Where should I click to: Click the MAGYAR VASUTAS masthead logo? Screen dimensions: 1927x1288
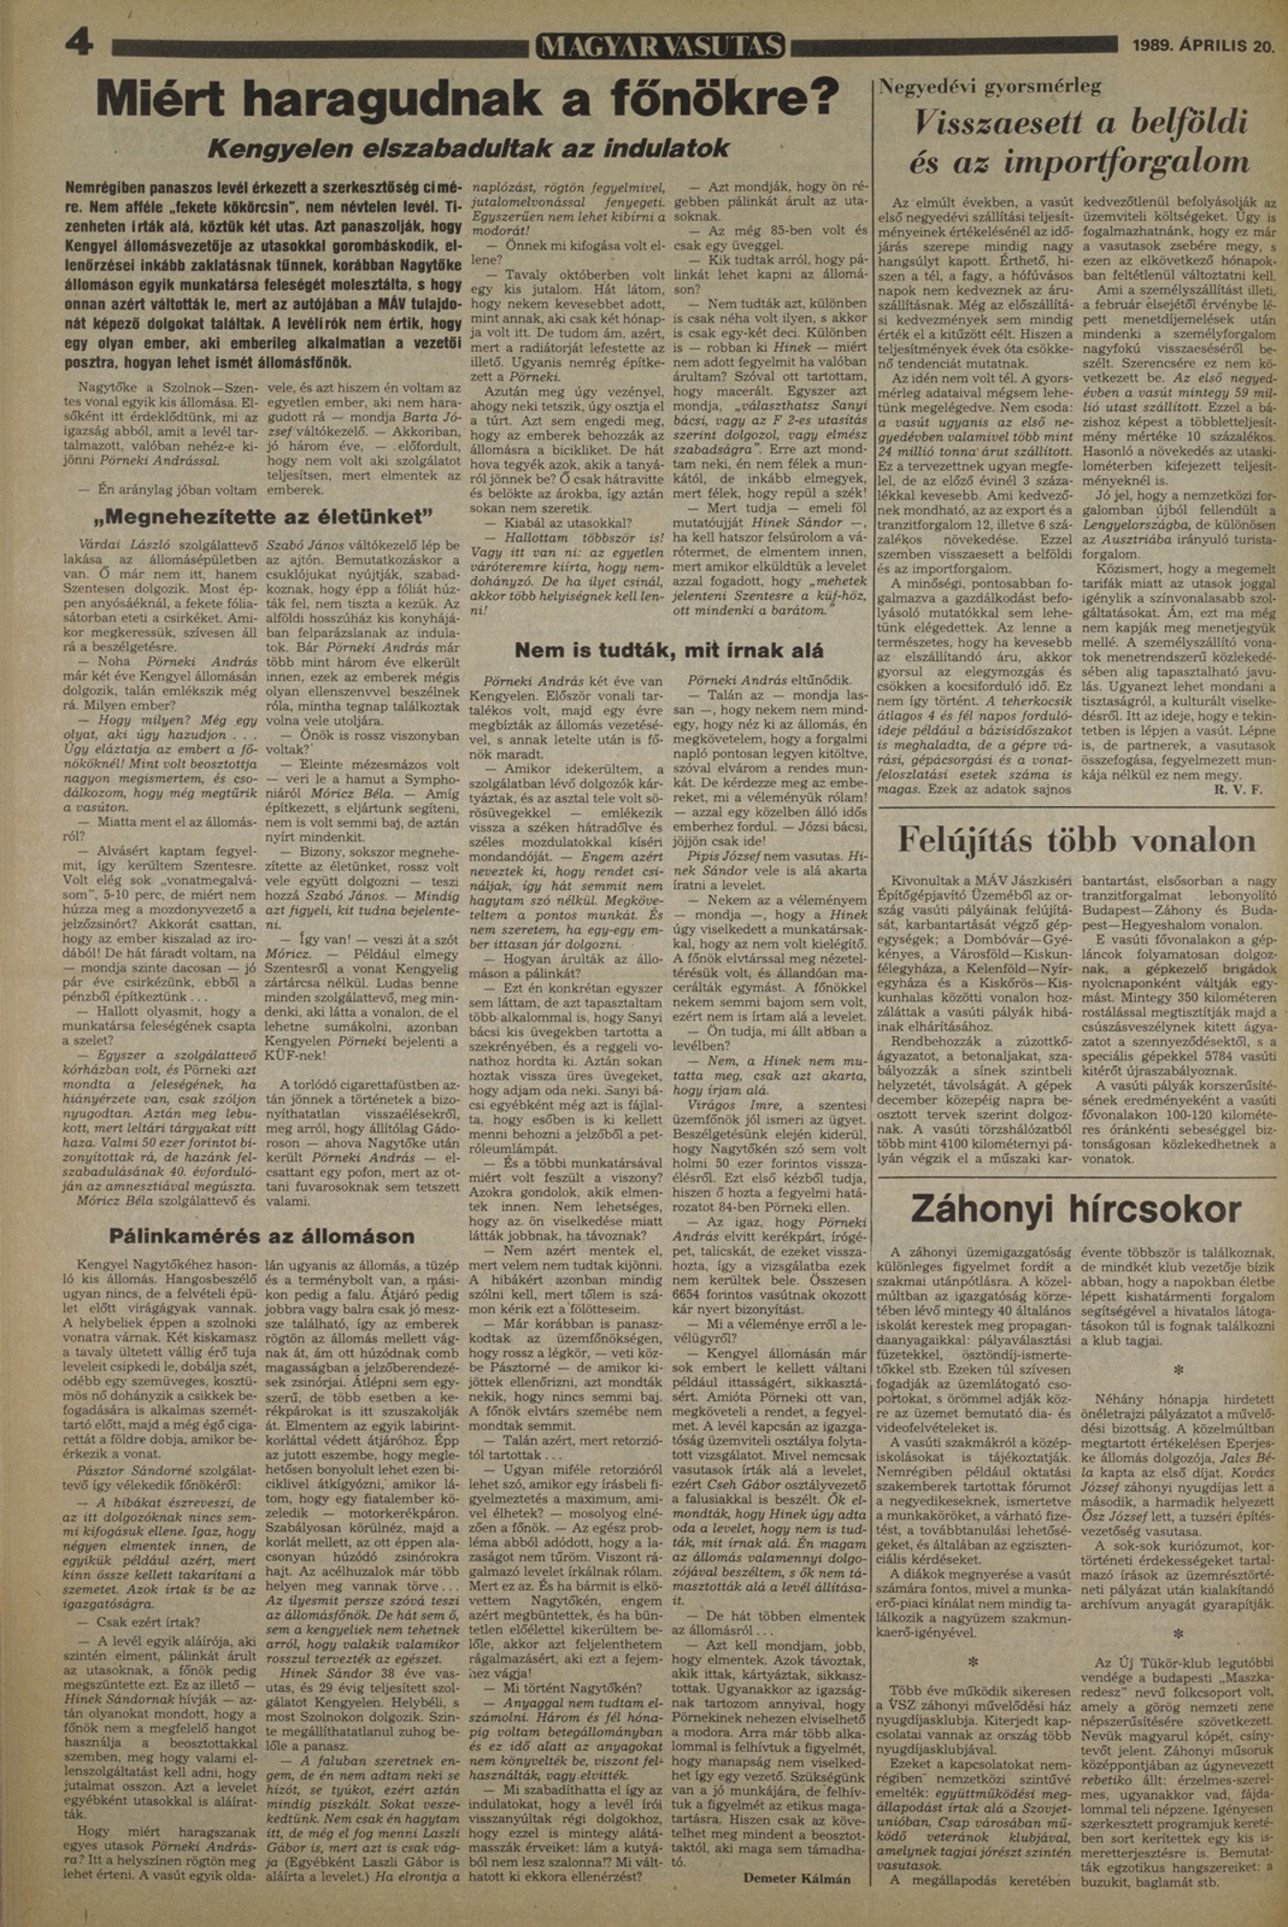(x=659, y=46)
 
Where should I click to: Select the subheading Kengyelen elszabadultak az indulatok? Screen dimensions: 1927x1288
(x=469, y=148)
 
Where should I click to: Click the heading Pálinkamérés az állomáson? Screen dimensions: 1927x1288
(x=262, y=1236)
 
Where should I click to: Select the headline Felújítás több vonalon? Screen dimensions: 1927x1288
(x=1077, y=841)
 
